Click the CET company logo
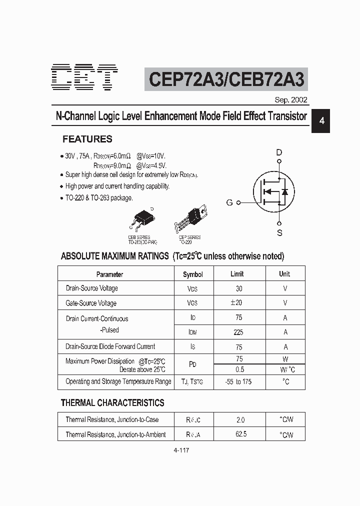tap(85, 78)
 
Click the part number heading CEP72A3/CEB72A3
tap(226, 79)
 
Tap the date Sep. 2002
tap(291, 99)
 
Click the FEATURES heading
tap(87, 139)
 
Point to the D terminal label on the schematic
tap(279, 152)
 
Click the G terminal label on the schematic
tap(229, 202)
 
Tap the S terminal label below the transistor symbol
tap(279, 232)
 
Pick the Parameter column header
tap(109, 274)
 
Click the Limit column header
tap(237, 274)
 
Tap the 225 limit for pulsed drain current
tap(238, 332)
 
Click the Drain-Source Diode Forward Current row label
tap(110, 346)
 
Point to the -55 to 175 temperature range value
tap(238, 381)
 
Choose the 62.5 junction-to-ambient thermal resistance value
tap(241, 434)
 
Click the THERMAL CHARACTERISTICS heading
tap(112, 402)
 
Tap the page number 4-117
tap(181, 450)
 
